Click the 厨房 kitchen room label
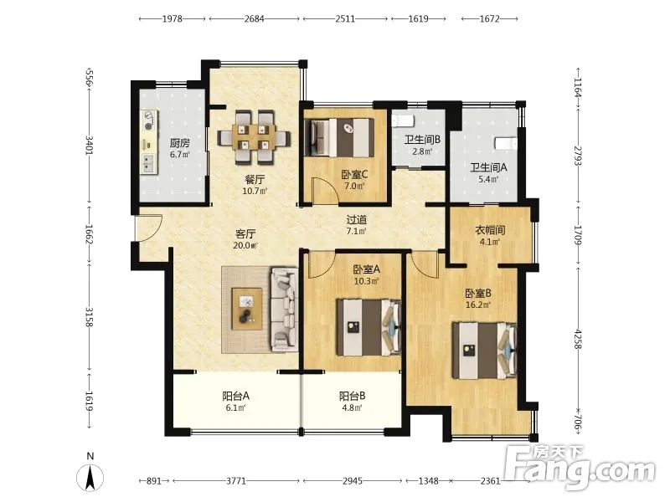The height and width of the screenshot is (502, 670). [x=179, y=148]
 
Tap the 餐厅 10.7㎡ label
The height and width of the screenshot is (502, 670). [x=255, y=185]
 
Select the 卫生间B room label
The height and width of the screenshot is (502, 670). [x=422, y=145]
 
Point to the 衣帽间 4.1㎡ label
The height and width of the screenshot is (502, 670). [x=490, y=236]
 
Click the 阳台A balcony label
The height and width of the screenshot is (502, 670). [x=235, y=402]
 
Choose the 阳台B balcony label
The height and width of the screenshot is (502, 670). [x=352, y=402]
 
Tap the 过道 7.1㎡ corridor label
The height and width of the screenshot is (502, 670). [x=357, y=225]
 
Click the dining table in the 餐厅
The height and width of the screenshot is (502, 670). [x=254, y=137]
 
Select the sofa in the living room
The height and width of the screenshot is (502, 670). [x=284, y=310]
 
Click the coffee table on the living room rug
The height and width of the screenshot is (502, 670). [x=246, y=309]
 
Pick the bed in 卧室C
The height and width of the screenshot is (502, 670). [x=339, y=138]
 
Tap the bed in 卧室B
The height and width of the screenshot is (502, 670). [x=485, y=351]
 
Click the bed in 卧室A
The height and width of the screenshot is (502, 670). [x=368, y=327]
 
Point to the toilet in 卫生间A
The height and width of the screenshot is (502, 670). [x=506, y=143]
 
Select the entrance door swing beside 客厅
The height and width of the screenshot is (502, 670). [x=150, y=228]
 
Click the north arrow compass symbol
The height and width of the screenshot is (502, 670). [x=90, y=477]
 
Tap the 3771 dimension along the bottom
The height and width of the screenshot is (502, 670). [x=236, y=481]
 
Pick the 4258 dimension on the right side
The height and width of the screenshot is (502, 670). [x=578, y=340]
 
